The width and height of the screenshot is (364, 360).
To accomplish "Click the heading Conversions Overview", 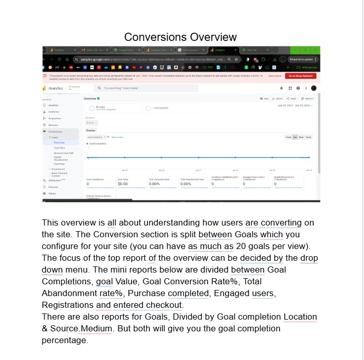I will [180, 37].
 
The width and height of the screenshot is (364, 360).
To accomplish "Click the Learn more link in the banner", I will [274, 76].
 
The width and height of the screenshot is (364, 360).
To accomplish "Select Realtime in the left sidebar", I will [53, 105].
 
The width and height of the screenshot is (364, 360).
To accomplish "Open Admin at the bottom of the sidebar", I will [52, 194].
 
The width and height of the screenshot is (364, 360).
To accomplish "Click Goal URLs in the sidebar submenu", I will [60, 147].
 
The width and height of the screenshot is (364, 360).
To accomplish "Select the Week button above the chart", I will [302, 137].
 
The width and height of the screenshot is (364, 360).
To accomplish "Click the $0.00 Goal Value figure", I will [123, 184].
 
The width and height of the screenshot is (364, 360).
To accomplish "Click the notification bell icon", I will [282, 88].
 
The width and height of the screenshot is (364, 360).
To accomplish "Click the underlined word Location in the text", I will [300, 317].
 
